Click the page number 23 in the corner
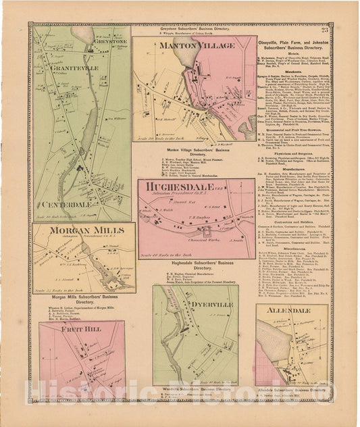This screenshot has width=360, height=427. coord(325,29)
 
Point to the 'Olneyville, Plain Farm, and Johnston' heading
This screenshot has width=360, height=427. coord(292,36)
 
